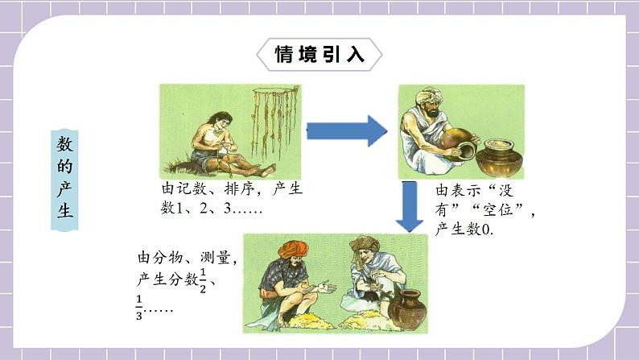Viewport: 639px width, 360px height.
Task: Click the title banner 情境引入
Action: coord(319,55)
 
